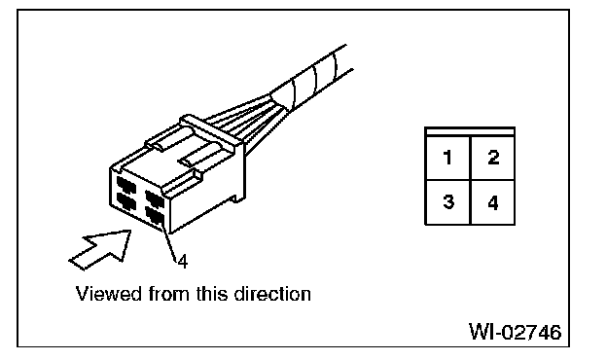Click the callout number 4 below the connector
[182, 259]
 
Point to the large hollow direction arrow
[100, 248]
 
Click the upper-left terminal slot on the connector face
[125, 184]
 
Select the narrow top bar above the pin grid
[470, 132]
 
